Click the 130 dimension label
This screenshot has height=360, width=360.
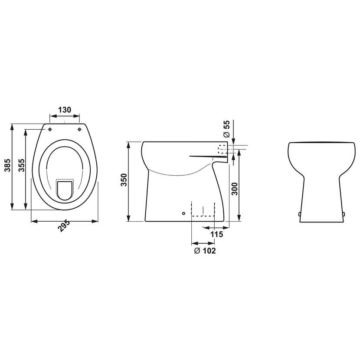point(65,110)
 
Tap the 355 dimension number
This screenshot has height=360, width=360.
point(22,165)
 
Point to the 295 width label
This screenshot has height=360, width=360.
point(64,226)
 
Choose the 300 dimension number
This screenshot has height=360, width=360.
point(234,189)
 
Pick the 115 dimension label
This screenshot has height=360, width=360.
point(217,234)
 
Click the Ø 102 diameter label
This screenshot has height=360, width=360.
point(205,251)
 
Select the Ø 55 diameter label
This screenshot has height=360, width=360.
point(226,129)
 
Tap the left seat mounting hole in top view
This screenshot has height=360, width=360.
point(50,130)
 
